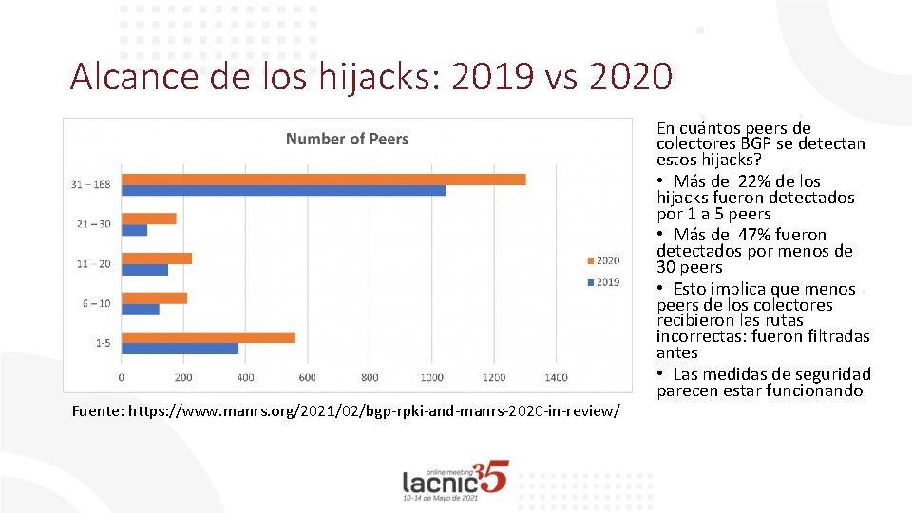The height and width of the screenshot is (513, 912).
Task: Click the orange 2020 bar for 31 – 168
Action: coord(323,180)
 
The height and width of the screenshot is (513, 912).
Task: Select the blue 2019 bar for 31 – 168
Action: coord(283,191)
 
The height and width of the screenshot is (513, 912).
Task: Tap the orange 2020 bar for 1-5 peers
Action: coord(208,337)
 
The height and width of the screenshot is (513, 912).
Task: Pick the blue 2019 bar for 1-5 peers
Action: coord(180,349)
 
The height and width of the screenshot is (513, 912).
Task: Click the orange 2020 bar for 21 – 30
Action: coord(149,218)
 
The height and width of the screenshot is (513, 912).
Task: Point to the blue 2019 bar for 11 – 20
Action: coord(144,270)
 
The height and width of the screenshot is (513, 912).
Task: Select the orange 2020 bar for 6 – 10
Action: coord(154,298)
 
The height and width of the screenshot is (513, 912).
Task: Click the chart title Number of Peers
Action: coord(347,140)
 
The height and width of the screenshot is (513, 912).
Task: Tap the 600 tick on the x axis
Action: coord(308,378)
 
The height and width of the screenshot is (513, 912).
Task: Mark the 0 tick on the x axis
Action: coord(122,378)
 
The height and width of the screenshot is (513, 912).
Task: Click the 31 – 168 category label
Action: coord(91,184)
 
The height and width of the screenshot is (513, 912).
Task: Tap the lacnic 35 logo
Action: coord(455,480)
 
